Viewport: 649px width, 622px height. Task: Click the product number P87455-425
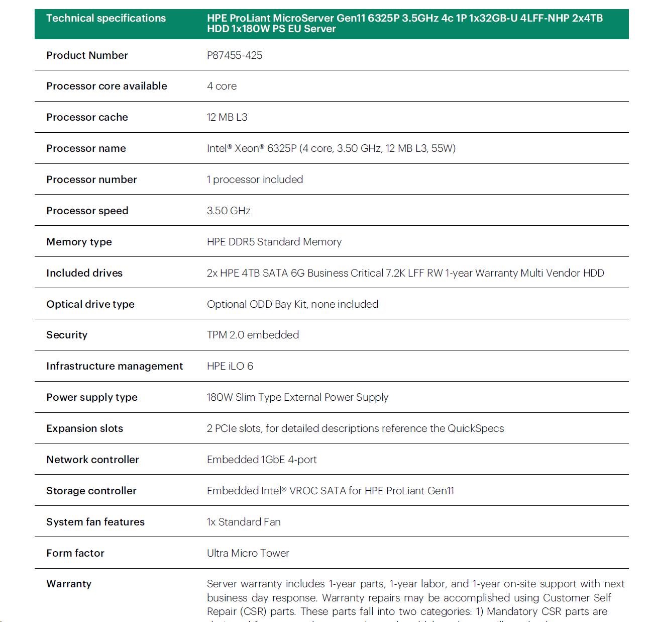(235, 55)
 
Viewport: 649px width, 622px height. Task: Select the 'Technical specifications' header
(106, 18)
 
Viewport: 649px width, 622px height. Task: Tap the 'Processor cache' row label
(87, 117)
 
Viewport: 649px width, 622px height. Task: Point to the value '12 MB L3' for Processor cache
(227, 117)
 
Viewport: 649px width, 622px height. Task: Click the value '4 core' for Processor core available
(222, 86)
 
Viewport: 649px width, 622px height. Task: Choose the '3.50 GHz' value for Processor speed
(229, 211)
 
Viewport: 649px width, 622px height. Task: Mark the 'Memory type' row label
(79, 242)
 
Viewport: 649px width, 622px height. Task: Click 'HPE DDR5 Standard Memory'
(274, 242)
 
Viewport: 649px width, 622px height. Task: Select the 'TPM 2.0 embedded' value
(253, 335)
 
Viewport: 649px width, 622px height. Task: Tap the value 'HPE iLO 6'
(230, 366)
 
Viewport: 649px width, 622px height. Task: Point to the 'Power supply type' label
(92, 397)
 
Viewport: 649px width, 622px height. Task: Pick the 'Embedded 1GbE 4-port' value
(262, 460)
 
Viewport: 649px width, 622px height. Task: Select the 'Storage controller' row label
(91, 491)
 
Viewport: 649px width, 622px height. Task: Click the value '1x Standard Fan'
(244, 522)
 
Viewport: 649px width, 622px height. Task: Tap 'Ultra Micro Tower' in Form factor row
(248, 553)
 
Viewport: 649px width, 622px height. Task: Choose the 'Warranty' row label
(69, 584)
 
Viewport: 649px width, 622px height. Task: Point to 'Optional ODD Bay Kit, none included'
(292, 304)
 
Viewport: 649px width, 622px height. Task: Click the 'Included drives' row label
(84, 273)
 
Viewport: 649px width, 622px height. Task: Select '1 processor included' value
(255, 180)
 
